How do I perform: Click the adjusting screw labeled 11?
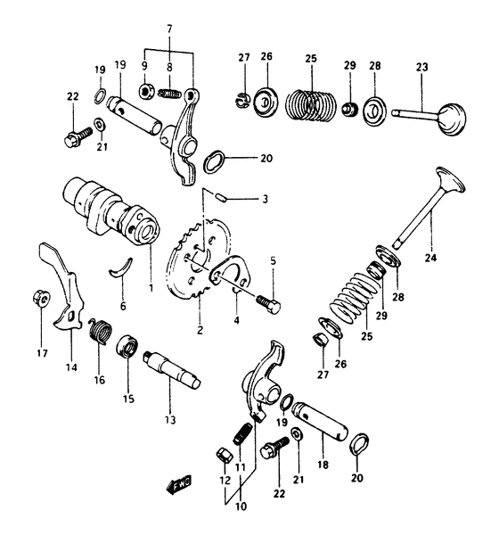pyautogui.click(x=241, y=437)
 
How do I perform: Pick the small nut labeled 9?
pyautogui.click(x=143, y=91)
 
